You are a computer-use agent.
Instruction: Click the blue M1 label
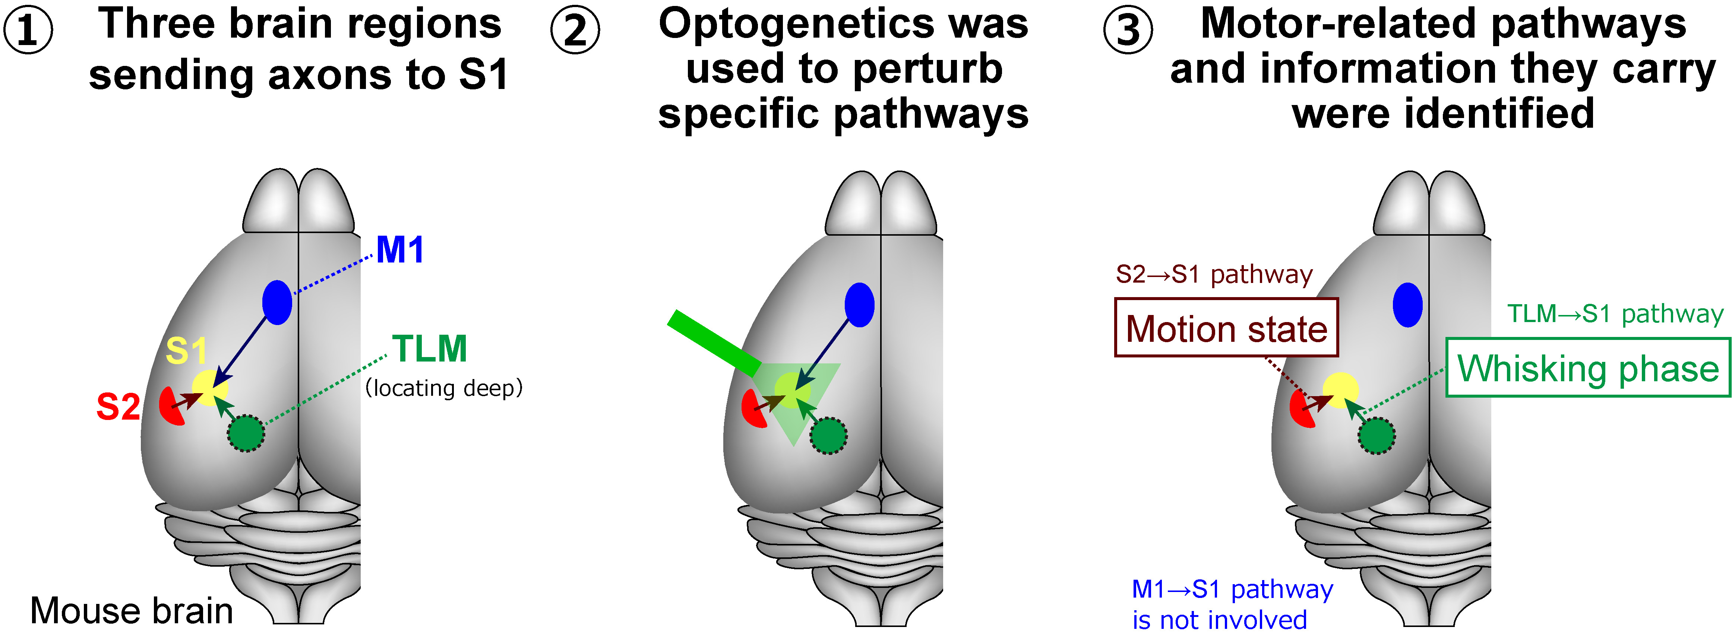pyautogui.click(x=400, y=250)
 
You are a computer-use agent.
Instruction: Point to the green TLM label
pyautogui.click(x=430, y=349)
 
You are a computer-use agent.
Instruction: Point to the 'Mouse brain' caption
pyautogui.click(x=132, y=611)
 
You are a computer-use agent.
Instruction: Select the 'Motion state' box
pyautogui.click(x=1226, y=328)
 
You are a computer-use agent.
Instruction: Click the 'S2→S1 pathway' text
pyautogui.click(x=1214, y=274)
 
